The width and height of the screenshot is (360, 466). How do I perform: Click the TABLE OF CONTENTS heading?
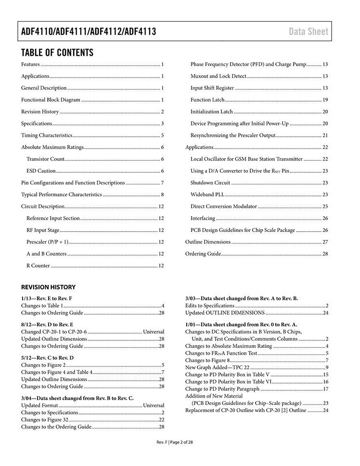(x=57, y=52)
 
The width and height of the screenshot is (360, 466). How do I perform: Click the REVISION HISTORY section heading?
(x=48, y=287)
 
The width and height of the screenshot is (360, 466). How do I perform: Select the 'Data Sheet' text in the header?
(x=309, y=32)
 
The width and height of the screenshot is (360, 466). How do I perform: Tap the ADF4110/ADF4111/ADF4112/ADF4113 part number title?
(x=89, y=32)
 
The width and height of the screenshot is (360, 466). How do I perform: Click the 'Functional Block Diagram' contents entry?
(x=51, y=100)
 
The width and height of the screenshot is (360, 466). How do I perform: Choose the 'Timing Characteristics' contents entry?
(x=46, y=135)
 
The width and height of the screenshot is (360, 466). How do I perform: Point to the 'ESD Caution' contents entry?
(x=41, y=171)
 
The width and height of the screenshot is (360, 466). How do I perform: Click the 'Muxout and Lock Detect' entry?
(x=218, y=76)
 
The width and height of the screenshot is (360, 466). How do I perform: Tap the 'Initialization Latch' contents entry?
(x=211, y=112)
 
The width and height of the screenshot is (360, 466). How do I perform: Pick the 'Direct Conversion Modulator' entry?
(x=224, y=207)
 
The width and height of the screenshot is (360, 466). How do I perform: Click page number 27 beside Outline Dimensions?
(x=325, y=242)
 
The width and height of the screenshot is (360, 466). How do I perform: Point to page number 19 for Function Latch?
(x=325, y=100)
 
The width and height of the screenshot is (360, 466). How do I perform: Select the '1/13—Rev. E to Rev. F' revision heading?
(x=47, y=298)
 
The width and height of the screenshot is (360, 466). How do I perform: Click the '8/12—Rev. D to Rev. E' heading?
(x=47, y=325)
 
